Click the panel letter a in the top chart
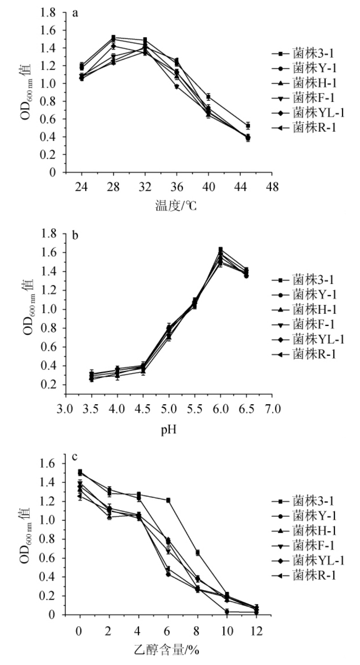(x=75, y=14)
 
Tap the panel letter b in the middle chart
(x=75, y=235)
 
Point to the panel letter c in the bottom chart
(x=75, y=457)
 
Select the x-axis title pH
(x=169, y=430)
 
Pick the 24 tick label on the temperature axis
(x=81, y=187)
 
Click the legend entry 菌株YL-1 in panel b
(x=318, y=339)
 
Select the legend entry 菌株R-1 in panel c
(x=314, y=575)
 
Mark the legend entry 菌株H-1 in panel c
(x=314, y=530)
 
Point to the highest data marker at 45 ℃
(x=247, y=125)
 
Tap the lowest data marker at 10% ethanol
(x=227, y=611)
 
